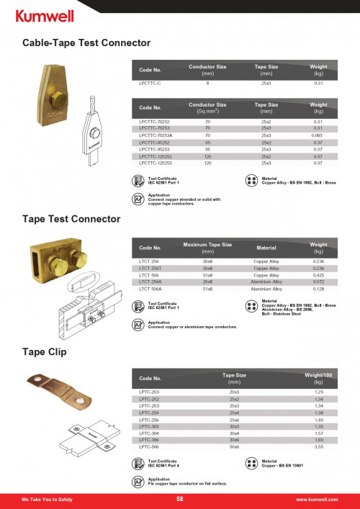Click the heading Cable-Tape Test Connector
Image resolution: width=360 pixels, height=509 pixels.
[x=86, y=44]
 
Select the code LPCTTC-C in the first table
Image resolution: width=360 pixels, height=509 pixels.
[x=150, y=84]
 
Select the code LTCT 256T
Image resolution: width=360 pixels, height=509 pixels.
[x=151, y=268]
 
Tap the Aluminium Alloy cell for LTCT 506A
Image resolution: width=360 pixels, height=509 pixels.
[x=266, y=289]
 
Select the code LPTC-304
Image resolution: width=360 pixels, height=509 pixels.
[x=149, y=433]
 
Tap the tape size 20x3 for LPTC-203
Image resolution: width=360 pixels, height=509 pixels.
[x=234, y=392]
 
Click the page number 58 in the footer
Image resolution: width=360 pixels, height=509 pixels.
[x=180, y=499]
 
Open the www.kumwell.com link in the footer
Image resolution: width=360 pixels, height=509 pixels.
[x=317, y=499]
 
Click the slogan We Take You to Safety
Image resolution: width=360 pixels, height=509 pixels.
[x=46, y=499]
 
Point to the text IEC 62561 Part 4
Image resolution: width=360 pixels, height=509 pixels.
[x=166, y=463]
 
